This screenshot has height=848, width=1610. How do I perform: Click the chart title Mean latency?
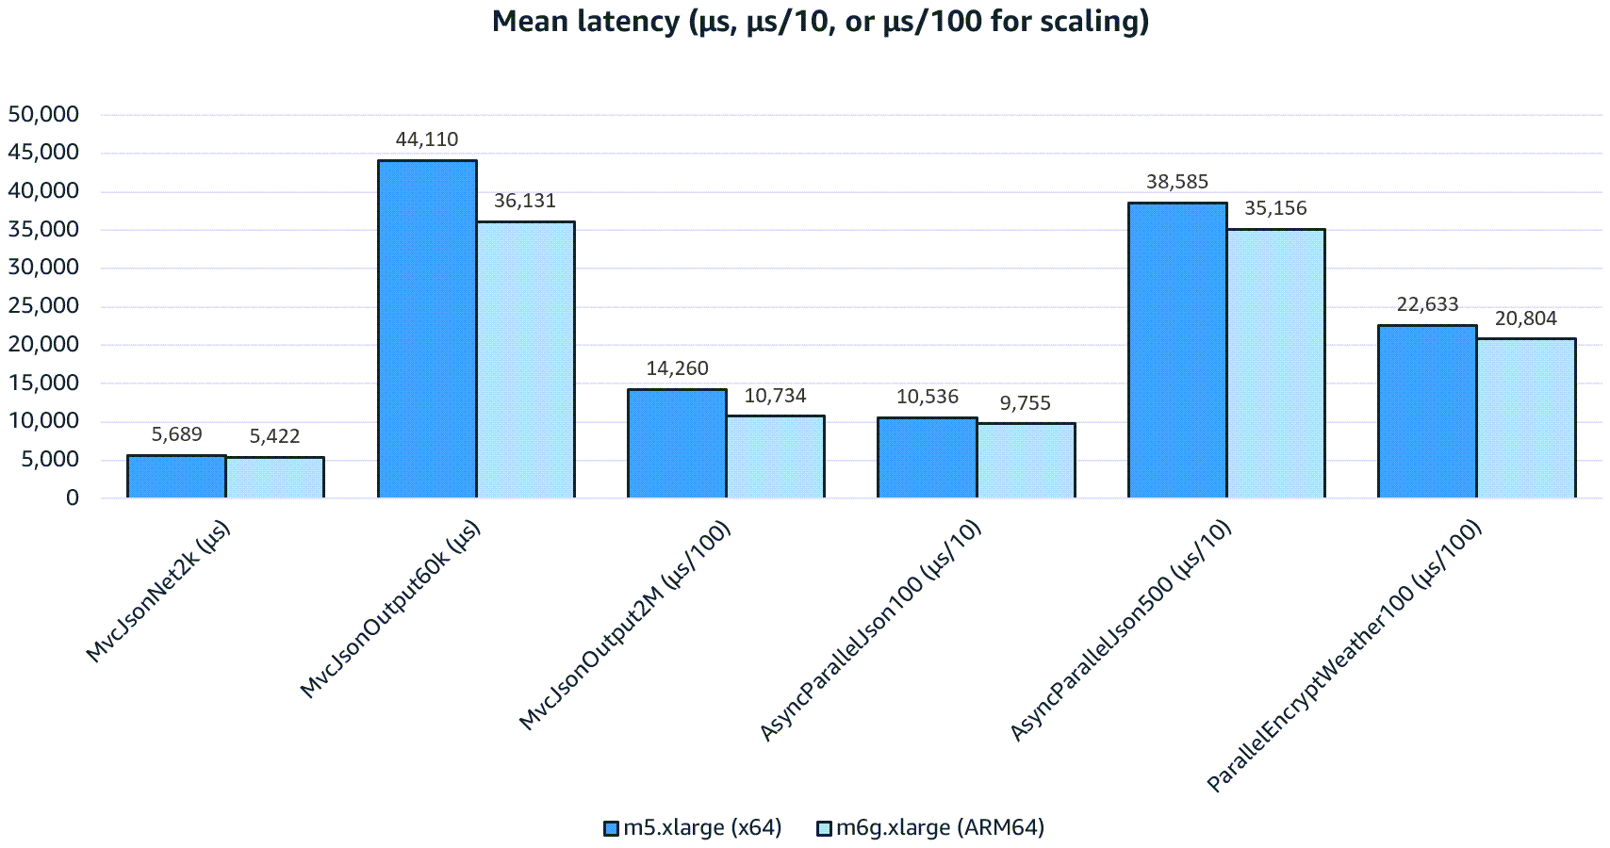[x=820, y=21]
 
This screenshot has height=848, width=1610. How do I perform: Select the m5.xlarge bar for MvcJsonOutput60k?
[x=427, y=329]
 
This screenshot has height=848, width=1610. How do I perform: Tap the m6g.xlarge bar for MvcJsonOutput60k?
[x=525, y=359]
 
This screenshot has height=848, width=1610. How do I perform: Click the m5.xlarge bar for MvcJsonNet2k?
[x=176, y=476]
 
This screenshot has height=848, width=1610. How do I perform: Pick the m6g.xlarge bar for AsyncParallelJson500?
[x=1275, y=363]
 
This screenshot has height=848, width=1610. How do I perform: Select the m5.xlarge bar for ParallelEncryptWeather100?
[x=1427, y=411]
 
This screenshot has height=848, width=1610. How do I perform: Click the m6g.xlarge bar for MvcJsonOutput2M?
[x=775, y=456]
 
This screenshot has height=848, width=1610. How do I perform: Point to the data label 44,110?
[x=427, y=139]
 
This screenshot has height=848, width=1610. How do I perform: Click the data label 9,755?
[x=1025, y=403]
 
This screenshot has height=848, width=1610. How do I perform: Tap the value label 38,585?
[x=1177, y=182]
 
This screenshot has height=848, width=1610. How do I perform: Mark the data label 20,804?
[x=1525, y=318]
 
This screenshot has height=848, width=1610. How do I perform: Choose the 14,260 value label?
[x=677, y=368]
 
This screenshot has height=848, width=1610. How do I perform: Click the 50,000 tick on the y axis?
[x=43, y=115]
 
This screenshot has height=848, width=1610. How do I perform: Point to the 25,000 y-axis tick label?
[x=43, y=306]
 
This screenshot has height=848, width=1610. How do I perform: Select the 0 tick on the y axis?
[x=73, y=497]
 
